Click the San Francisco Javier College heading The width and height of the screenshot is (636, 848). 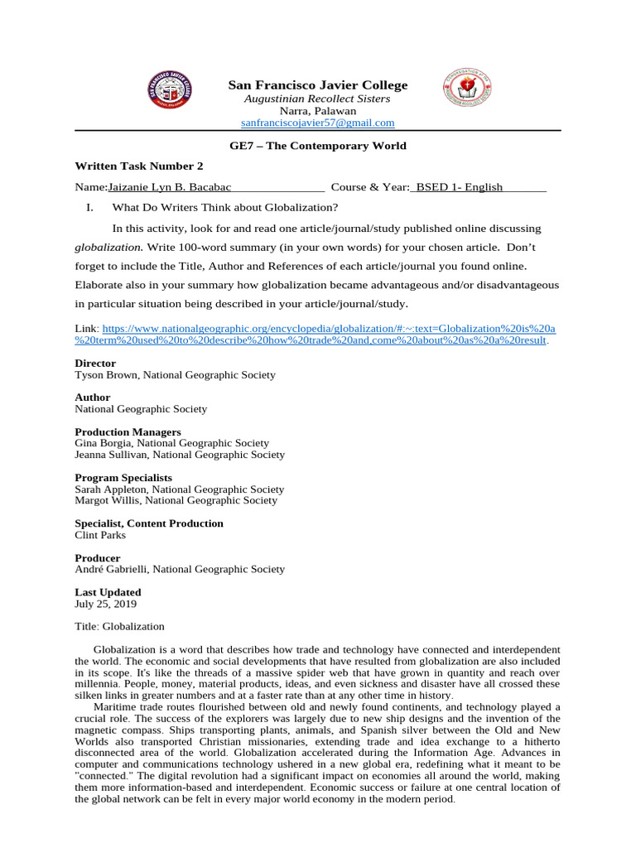[318, 85]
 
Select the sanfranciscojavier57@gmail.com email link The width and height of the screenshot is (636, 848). [317, 123]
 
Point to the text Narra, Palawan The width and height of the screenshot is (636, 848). [318, 111]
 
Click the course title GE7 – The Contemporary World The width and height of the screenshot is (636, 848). [318, 146]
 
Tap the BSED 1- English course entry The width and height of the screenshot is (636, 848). [459, 187]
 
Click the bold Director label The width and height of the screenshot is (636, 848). [95, 364]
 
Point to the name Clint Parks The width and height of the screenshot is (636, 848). [100, 535]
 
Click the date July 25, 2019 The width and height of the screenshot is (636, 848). [104, 604]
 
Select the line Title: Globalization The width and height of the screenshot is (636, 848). [119, 627]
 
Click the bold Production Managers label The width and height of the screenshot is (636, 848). [128, 431]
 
